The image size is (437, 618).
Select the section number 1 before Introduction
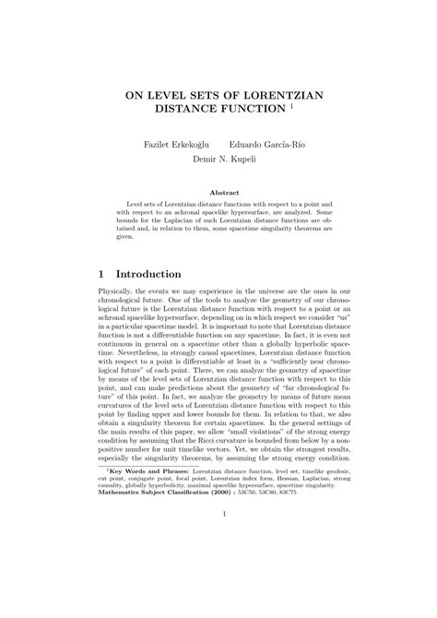coord(100,274)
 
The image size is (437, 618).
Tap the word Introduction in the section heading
coord(148,274)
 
